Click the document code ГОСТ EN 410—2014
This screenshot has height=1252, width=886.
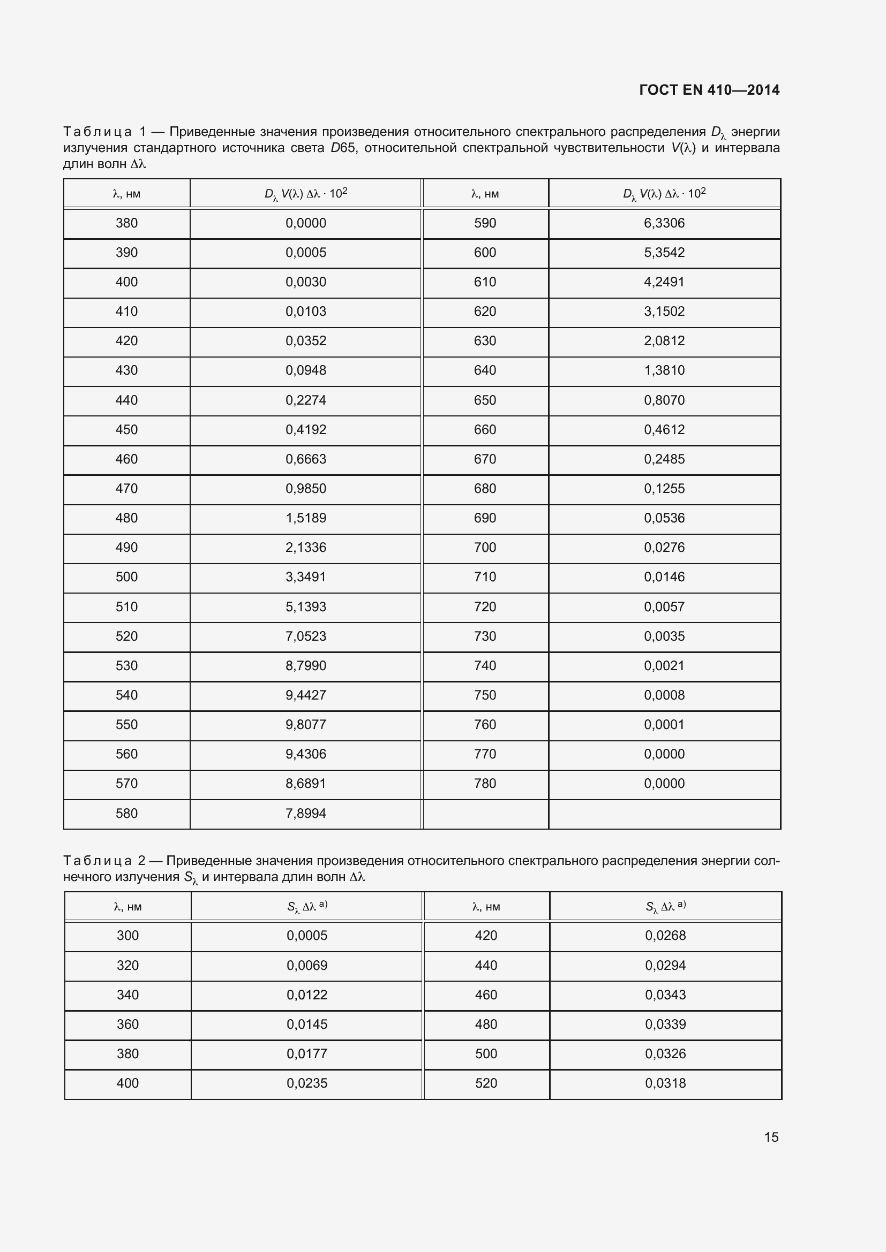[x=709, y=90]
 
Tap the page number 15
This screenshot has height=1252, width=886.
[x=771, y=1137]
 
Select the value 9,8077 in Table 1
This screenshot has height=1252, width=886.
[x=305, y=724]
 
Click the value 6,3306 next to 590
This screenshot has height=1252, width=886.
[x=664, y=223]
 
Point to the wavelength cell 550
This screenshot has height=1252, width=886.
[x=126, y=724]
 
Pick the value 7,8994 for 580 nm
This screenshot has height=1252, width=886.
[x=305, y=813]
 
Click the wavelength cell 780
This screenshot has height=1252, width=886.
[x=485, y=783]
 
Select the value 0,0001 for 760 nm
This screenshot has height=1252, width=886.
[x=664, y=724]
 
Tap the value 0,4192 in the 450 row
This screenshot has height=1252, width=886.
[x=305, y=430]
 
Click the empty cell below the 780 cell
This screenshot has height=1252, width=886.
[x=485, y=814]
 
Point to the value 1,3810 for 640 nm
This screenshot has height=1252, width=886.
[x=664, y=370]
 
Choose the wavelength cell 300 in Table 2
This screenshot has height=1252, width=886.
[x=127, y=935]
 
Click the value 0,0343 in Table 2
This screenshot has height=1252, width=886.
[x=665, y=995]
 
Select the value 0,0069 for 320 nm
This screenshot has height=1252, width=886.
[x=306, y=965]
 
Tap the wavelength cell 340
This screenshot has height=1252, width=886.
[x=127, y=995]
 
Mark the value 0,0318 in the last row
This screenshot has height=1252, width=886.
[x=665, y=1083]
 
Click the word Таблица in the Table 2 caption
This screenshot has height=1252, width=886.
[x=97, y=861]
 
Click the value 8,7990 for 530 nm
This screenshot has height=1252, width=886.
[x=305, y=665]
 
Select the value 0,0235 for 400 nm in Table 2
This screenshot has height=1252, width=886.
[x=306, y=1083]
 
